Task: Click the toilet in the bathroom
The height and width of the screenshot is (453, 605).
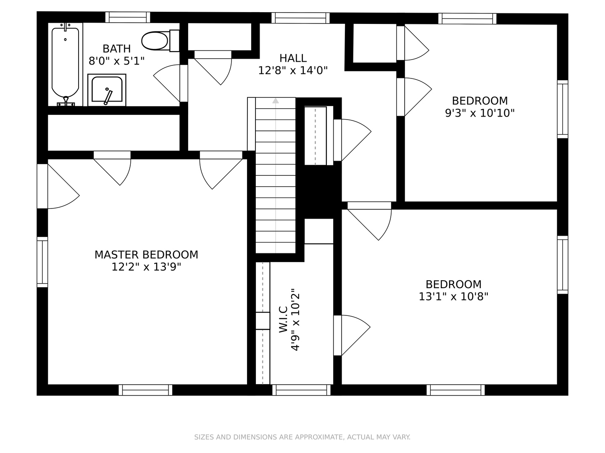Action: coord(160,41)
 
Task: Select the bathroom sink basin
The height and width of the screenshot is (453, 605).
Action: coord(107,89)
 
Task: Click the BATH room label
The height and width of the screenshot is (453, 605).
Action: coord(117,49)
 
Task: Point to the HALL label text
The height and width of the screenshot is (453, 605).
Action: coord(293,58)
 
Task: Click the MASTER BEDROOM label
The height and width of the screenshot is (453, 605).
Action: coord(146,255)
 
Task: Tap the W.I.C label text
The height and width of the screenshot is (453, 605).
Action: coord(283,319)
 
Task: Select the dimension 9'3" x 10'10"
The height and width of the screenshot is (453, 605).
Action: coord(480,113)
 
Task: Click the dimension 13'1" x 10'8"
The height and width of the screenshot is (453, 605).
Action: coord(453,297)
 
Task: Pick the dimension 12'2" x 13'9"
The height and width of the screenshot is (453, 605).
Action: coord(146,267)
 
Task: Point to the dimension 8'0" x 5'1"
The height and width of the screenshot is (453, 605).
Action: coord(117,61)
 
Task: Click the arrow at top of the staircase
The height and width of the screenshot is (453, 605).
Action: coord(276,101)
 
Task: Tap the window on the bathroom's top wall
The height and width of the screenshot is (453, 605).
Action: coord(128,17)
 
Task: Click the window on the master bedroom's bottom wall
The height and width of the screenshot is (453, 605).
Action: coord(145,390)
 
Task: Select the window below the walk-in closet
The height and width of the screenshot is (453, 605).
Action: coord(301,390)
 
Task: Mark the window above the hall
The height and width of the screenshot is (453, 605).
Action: coord(300,18)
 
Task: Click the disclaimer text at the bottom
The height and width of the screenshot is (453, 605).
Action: coord(302,437)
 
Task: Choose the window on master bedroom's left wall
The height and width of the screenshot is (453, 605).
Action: coord(42,262)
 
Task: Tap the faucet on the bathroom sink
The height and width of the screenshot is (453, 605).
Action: coord(108,96)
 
